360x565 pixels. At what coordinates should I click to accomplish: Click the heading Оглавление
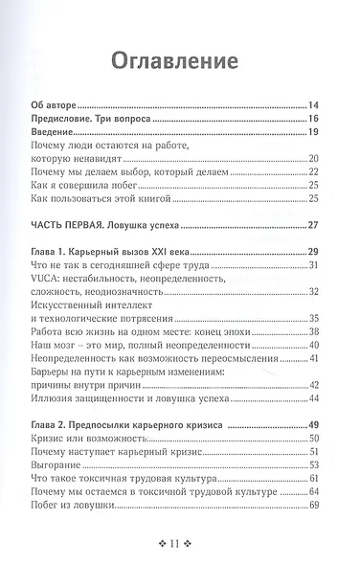pos(180,62)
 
